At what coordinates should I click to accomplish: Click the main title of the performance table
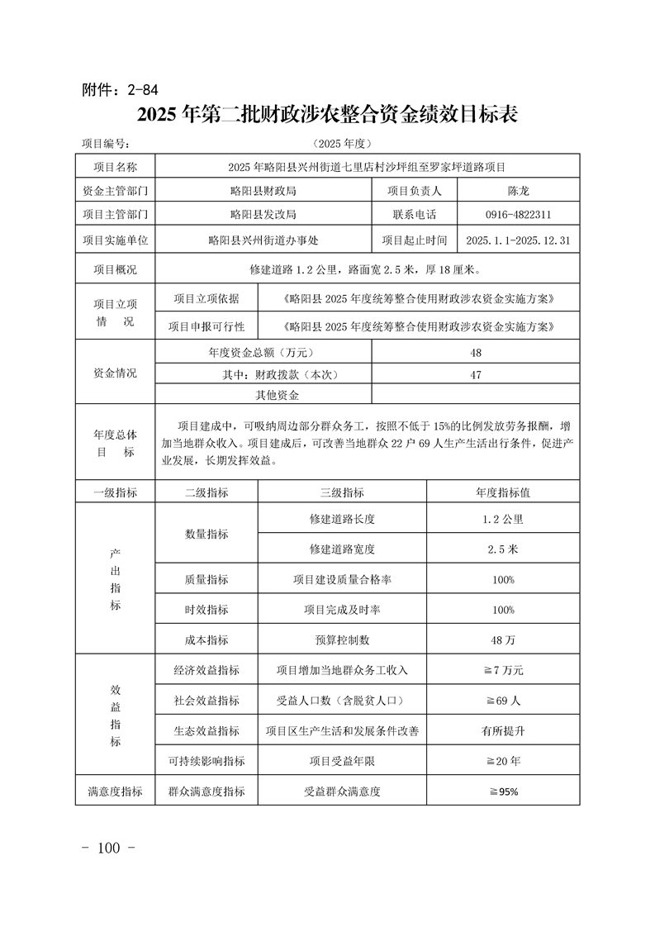tap(327, 115)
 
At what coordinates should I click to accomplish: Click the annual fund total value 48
tap(476, 353)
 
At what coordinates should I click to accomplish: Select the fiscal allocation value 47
tap(476, 374)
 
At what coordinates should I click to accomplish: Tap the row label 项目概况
tap(116, 269)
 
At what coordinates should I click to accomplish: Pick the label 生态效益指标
tap(206, 730)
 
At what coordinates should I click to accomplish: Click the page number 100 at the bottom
tap(109, 849)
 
